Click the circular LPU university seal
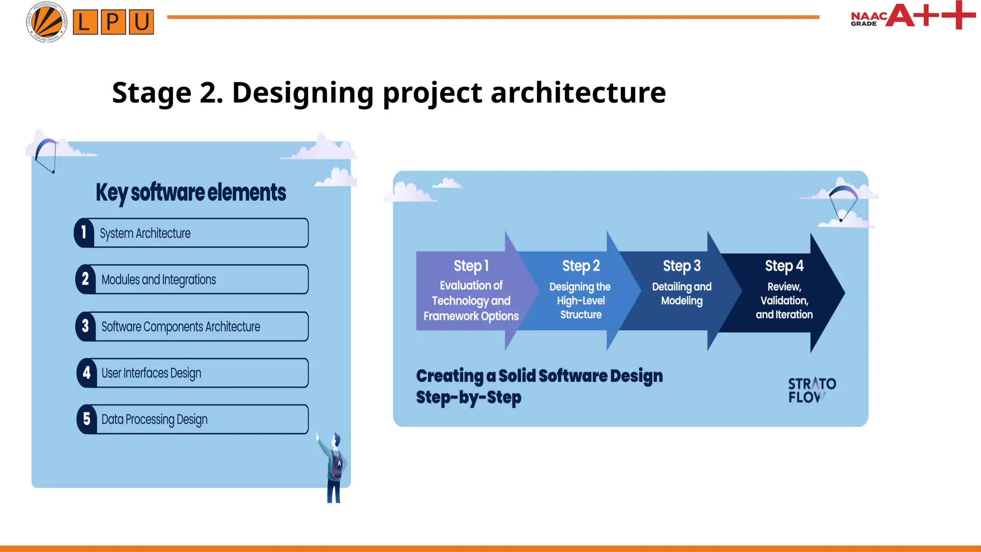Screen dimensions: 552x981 (x=46, y=22)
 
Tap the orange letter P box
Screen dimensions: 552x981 (x=113, y=22)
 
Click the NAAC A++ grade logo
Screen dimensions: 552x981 (x=913, y=16)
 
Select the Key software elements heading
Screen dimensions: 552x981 (x=191, y=193)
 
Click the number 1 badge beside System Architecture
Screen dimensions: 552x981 (x=84, y=232)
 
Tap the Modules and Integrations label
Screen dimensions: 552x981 (x=159, y=279)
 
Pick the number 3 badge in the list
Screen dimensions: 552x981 (x=86, y=326)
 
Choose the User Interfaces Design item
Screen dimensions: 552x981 (x=151, y=373)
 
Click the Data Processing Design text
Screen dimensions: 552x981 (x=154, y=419)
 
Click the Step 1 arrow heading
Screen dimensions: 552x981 (x=471, y=265)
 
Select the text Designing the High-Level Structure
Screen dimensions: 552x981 (x=580, y=300)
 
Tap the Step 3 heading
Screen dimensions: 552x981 (x=681, y=265)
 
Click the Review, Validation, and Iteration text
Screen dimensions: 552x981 (x=784, y=300)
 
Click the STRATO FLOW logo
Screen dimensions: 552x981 (x=811, y=390)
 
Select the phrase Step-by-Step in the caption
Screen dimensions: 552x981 (x=468, y=397)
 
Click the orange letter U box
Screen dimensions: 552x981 (x=141, y=22)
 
